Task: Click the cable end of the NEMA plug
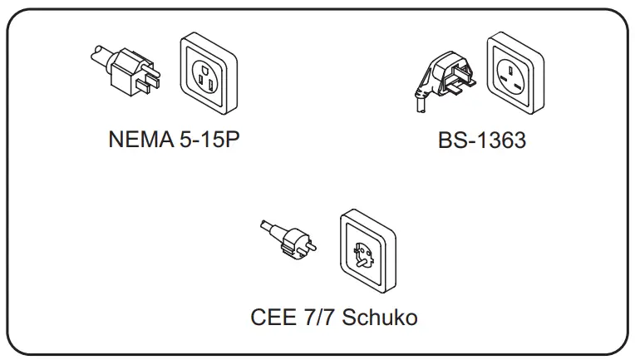[96, 55]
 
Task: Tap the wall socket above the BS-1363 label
[514, 73]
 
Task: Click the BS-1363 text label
[482, 140]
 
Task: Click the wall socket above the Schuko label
[367, 250]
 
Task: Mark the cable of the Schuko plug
[268, 228]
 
